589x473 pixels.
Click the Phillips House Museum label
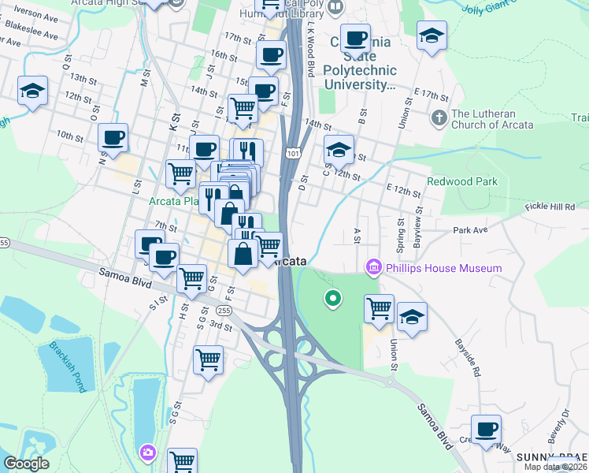[x=443, y=268]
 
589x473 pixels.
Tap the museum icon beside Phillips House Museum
[x=374, y=268]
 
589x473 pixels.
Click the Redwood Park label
[x=462, y=181]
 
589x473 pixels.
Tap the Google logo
[x=26, y=464]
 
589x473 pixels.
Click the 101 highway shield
[x=293, y=152]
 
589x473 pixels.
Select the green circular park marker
[x=333, y=298]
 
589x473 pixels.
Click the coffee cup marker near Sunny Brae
[x=486, y=430]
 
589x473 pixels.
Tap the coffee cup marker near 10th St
[x=113, y=138]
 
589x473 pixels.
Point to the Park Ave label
[x=471, y=231]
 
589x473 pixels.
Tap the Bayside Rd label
[x=469, y=358]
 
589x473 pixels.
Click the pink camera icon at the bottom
[x=147, y=453]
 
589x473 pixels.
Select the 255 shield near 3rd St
[x=224, y=311]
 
